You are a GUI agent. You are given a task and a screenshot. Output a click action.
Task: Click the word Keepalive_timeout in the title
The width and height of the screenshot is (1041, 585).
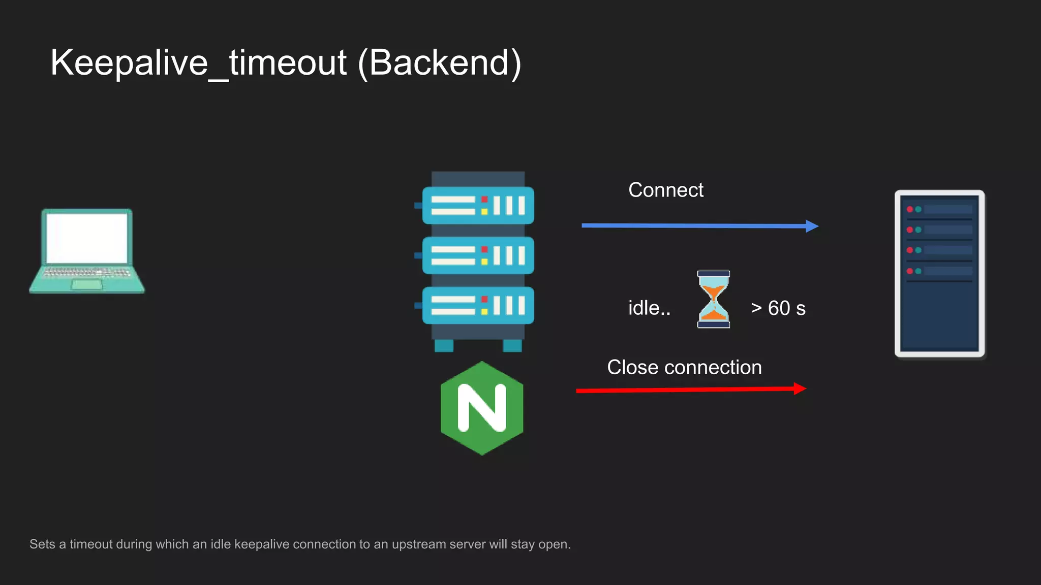[198, 63]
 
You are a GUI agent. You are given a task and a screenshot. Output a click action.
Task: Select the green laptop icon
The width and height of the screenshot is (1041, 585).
[87, 251]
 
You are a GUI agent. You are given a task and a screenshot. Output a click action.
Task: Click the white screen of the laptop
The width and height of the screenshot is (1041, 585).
[87, 238]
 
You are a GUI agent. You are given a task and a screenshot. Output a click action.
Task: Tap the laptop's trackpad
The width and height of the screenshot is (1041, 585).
[87, 284]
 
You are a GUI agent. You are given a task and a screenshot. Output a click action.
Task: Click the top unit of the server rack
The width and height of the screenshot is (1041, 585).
[478, 206]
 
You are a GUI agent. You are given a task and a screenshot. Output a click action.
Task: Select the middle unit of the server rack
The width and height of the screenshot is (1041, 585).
[478, 255]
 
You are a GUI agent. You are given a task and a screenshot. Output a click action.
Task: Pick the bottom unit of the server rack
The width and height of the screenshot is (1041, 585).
[478, 305]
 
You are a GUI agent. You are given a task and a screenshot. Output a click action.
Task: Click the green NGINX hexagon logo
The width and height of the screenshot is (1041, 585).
[482, 408]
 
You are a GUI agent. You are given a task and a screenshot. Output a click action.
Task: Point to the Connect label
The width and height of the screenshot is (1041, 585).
[666, 190]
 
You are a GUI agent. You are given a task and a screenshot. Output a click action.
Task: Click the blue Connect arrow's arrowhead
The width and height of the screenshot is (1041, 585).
[812, 226]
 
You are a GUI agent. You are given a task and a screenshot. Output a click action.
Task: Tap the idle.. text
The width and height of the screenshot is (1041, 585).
[649, 308]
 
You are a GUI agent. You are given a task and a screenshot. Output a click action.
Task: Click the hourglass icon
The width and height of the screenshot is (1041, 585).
[713, 299]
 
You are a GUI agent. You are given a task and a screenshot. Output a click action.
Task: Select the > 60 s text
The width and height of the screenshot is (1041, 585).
[778, 308]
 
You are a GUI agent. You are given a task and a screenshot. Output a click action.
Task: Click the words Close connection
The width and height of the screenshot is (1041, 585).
[684, 367]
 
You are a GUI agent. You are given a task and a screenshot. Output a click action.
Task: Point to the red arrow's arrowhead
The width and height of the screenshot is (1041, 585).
[800, 389]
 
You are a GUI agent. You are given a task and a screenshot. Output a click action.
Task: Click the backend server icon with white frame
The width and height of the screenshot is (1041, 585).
[939, 274]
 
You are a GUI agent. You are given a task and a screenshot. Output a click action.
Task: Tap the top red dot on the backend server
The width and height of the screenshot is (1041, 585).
[909, 209]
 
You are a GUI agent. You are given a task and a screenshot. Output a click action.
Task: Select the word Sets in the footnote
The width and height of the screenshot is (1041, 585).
[42, 544]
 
